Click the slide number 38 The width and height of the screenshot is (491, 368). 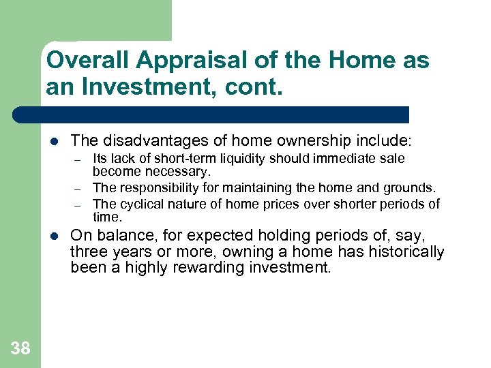click(20, 349)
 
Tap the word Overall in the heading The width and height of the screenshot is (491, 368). click(89, 61)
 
